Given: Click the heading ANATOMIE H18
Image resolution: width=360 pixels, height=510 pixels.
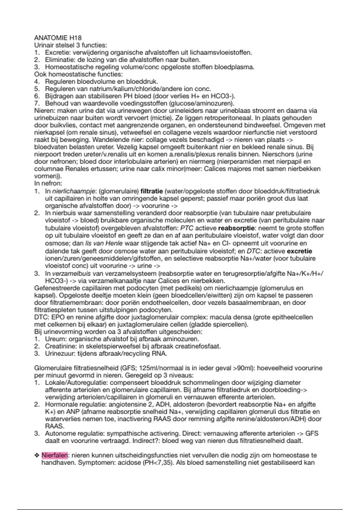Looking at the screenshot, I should click(58, 38).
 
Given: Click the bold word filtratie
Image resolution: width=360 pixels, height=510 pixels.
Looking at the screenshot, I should click(151, 191).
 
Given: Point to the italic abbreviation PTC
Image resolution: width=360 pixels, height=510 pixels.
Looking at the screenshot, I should click(187, 228).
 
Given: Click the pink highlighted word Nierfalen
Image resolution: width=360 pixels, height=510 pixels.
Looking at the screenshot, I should click(55, 455).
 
